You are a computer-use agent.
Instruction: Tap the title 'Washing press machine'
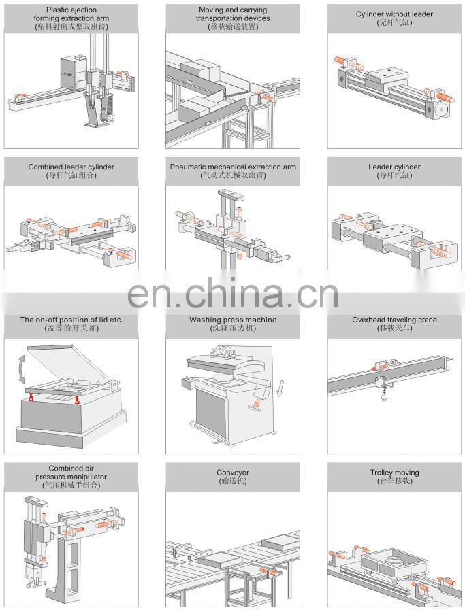pyautogui.click(x=233, y=320)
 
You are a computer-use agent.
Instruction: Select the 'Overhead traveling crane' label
pyautogui.click(x=394, y=320)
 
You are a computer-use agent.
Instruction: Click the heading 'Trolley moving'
pyautogui.click(x=394, y=473)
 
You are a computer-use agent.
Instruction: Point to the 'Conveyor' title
pyautogui.click(x=233, y=473)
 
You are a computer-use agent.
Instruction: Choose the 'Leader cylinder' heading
pyautogui.click(x=394, y=167)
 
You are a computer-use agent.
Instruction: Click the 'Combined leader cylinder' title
pyautogui.click(x=71, y=167)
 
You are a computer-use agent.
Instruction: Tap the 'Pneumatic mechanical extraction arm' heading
pyautogui.click(x=233, y=167)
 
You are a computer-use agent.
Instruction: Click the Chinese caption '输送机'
pyautogui.click(x=233, y=481)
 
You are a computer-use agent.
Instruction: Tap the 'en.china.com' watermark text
pyautogui.click(x=233, y=294)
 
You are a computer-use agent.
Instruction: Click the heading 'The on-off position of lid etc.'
pyautogui.click(x=71, y=320)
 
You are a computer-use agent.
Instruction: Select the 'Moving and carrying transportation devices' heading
pyautogui.click(x=233, y=14)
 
